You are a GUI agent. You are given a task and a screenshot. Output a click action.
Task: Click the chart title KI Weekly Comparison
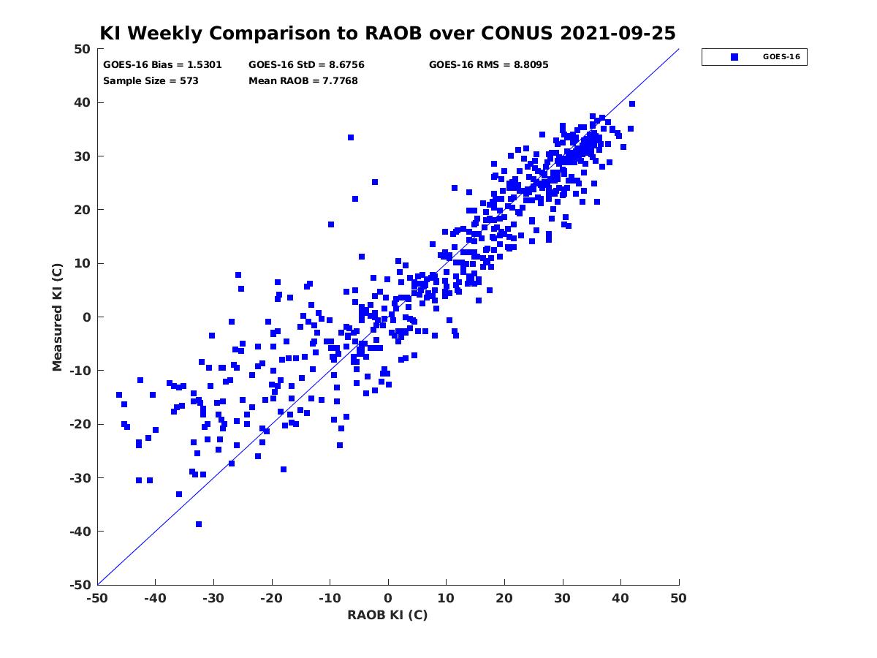click(387, 33)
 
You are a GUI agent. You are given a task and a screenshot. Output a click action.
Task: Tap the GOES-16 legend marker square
click(734, 57)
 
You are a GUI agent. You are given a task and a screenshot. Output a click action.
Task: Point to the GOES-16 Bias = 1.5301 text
click(162, 65)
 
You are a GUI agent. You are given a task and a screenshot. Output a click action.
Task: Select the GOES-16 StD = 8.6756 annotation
click(306, 65)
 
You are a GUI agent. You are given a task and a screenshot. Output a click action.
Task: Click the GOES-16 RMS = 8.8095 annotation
click(488, 65)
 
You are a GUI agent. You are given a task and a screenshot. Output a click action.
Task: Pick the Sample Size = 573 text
click(151, 81)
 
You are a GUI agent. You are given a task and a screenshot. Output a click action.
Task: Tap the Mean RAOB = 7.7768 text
click(303, 81)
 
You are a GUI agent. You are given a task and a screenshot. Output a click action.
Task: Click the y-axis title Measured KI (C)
click(57, 317)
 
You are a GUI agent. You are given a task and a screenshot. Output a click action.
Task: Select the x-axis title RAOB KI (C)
click(387, 614)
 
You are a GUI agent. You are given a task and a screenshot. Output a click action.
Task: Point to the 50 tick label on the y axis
click(83, 49)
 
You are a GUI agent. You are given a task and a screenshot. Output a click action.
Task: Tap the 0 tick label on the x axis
click(388, 598)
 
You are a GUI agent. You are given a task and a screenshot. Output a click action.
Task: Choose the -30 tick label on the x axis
click(213, 598)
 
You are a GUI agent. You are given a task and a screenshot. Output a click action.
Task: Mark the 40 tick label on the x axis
click(620, 598)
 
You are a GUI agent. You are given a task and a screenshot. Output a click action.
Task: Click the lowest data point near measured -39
click(199, 524)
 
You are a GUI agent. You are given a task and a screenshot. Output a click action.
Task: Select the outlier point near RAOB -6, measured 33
click(350, 137)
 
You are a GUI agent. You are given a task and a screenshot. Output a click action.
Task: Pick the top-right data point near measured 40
click(631, 104)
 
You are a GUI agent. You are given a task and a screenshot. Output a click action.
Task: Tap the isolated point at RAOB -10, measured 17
click(331, 224)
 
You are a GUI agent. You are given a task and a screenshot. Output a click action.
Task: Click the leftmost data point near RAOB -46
click(119, 395)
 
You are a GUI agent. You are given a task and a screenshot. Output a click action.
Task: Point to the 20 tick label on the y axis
click(83, 210)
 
